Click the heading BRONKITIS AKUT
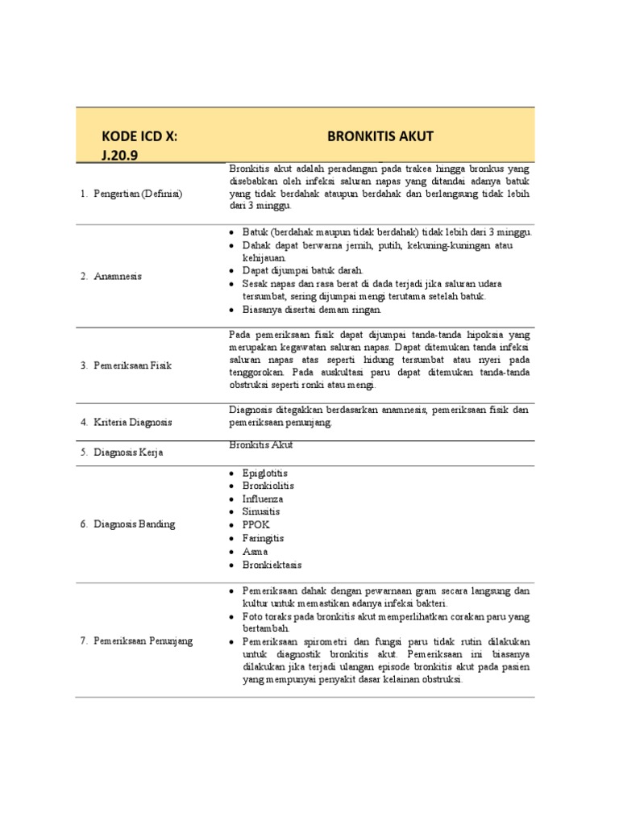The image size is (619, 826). [x=380, y=136]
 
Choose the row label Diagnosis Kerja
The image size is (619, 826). [x=127, y=453]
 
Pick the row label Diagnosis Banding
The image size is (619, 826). [x=132, y=524]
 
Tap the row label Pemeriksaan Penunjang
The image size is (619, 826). [x=141, y=640]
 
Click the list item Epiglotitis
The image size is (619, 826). [x=265, y=473]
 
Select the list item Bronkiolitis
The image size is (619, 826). [x=268, y=486]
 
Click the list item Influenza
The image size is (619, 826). [x=263, y=499]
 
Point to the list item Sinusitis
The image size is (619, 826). [x=262, y=511]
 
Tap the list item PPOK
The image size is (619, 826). [x=256, y=525]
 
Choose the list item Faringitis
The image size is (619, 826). [x=264, y=538]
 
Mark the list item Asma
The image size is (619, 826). [x=255, y=552]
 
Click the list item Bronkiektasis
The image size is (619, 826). [x=272, y=565]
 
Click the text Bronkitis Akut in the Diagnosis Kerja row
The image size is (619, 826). [x=261, y=444]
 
